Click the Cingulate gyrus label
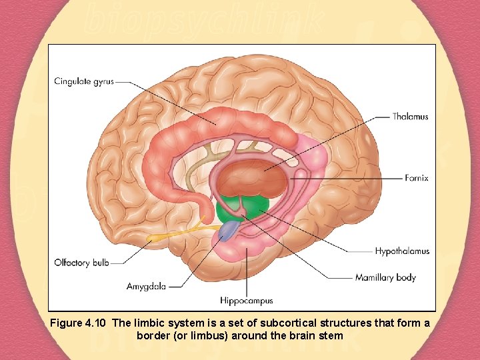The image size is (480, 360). click(x=84, y=82)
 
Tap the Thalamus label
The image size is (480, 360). click(x=410, y=117)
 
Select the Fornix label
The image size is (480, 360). click(x=416, y=178)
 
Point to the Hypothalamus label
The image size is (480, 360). click(x=401, y=251)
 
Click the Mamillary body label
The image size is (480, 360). click(x=385, y=277)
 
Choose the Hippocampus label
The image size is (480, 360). click(x=247, y=301)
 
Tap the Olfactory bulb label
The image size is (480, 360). click(x=81, y=263)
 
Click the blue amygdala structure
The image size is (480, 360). click(x=229, y=231)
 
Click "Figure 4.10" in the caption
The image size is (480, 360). click(x=79, y=323)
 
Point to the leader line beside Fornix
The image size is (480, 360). click(x=360, y=178)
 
